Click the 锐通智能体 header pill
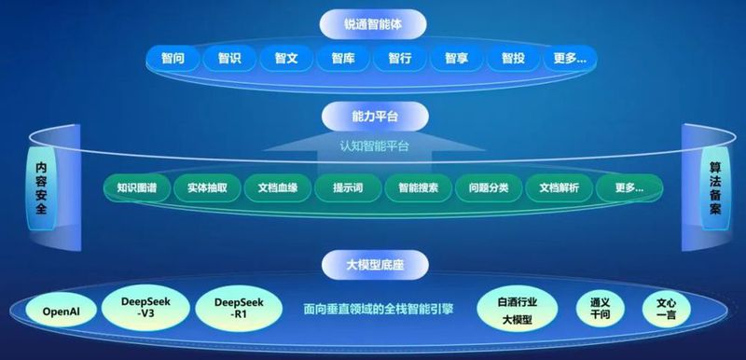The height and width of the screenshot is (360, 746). [373, 21]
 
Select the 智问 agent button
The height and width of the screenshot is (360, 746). [173, 59]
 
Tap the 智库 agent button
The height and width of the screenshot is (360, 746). [342, 59]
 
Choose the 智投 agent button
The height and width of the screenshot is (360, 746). [513, 59]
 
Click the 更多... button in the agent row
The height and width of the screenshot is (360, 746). [569, 59]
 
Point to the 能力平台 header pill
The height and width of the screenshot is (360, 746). [374, 117]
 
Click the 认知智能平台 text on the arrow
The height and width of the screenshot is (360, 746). [374, 146]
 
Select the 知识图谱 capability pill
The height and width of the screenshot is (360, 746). [137, 187]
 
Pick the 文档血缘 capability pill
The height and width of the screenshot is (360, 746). [277, 187]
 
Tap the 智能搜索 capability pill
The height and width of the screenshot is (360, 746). [418, 187]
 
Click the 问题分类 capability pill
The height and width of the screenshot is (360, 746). [488, 187]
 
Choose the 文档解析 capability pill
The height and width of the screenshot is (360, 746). [559, 187]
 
